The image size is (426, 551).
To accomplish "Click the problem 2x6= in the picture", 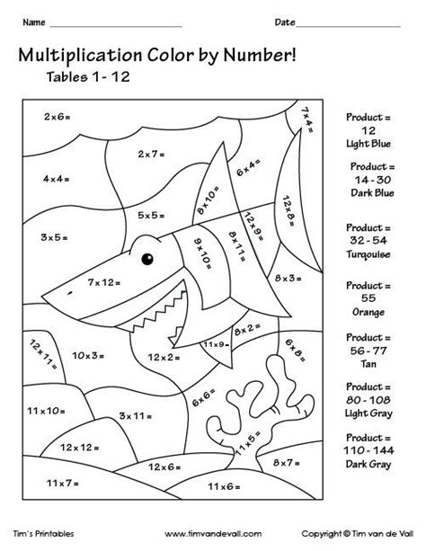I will click(57, 118).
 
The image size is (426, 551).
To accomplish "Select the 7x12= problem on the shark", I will click(103, 282).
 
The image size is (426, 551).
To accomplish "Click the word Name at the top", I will click(35, 21).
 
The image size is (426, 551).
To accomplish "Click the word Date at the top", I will click(284, 21).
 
